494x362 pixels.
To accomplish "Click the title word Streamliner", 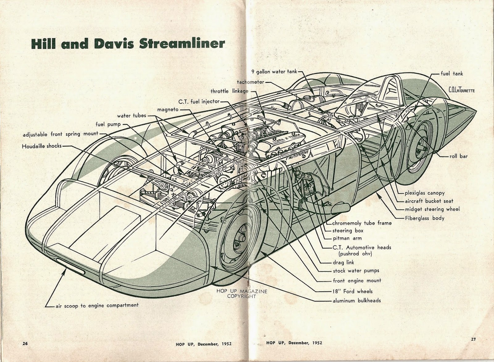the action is [x=182, y=44].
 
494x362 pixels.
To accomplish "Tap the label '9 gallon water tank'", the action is [x=274, y=72].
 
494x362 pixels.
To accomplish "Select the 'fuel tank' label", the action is [x=452, y=73].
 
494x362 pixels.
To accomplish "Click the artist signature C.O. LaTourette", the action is [x=461, y=90].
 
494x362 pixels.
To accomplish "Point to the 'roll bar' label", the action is [x=458, y=156].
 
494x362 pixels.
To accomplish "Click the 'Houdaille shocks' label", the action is [x=42, y=146].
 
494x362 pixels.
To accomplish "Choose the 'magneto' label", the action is [x=168, y=109].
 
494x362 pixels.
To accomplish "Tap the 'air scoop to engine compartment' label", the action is [x=97, y=306].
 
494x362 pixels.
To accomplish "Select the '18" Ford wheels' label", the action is [x=352, y=291].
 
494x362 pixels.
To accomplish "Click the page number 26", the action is [x=25, y=343].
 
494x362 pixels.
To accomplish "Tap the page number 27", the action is [x=473, y=339].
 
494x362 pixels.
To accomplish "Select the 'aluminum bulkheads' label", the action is [x=357, y=301].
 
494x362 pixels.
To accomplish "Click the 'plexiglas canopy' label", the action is [x=425, y=193].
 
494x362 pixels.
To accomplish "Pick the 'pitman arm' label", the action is [x=347, y=238].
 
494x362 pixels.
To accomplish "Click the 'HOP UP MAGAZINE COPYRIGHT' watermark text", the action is [x=242, y=294].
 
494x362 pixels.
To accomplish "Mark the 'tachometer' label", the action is [x=250, y=82].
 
